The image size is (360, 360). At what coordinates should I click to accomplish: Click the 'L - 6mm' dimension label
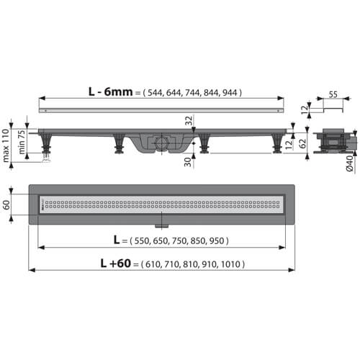coord(110,91)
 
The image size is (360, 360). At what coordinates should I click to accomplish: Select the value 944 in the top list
coord(230,93)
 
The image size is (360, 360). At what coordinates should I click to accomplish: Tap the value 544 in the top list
coord(155,93)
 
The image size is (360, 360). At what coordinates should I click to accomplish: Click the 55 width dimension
coord(333,94)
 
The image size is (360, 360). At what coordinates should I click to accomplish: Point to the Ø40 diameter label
coord(349,163)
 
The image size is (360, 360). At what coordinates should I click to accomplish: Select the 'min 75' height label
coord(22,142)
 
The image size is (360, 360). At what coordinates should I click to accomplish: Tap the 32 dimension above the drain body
coord(189,120)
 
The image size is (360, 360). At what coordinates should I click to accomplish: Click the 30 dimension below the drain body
coord(188,162)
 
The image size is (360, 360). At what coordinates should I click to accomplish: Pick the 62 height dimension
coord(303,143)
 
